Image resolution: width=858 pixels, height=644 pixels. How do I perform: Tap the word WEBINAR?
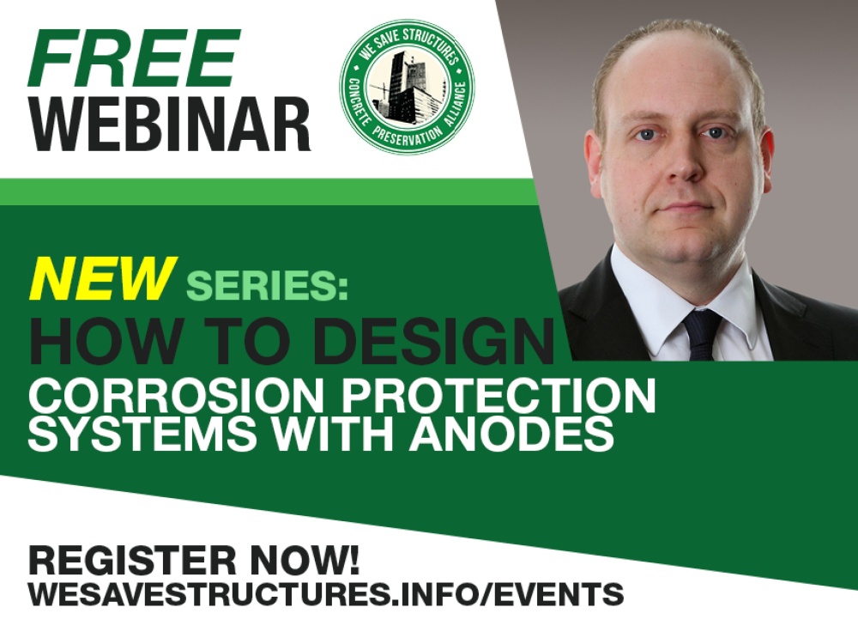170,125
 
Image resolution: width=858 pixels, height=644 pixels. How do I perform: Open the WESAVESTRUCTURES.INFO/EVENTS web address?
326,593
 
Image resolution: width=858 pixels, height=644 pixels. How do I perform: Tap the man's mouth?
685,207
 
